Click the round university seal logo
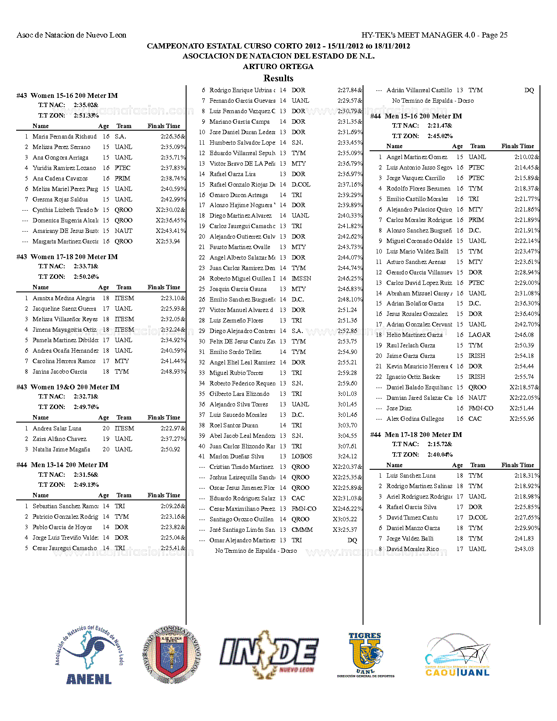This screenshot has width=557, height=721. [172, 654]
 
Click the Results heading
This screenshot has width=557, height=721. [278, 78]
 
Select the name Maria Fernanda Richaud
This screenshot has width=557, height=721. [65, 136]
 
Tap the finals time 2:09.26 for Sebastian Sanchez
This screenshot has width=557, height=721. [173, 506]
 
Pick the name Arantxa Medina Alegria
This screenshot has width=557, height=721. [64, 298]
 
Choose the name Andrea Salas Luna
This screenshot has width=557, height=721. [57, 428]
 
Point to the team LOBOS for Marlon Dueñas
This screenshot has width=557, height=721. [302, 456]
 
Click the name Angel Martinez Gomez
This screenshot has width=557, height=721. [417, 157]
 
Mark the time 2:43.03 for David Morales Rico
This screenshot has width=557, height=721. [524, 549]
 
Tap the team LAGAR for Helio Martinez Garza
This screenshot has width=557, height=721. [479, 335]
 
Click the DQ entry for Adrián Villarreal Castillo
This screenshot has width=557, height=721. [529, 90]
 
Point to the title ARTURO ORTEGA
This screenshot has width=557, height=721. [278, 66]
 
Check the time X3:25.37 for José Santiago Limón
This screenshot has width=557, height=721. [345, 530]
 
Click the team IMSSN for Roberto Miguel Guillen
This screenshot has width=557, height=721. [301, 278]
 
